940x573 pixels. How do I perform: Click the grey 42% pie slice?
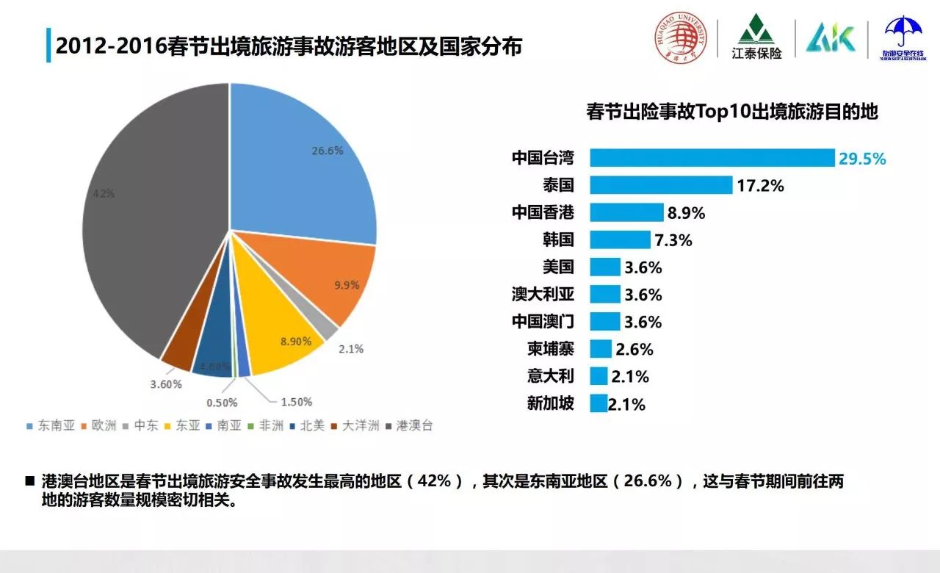click(147, 220)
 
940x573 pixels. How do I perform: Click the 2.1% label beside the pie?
click(351, 349)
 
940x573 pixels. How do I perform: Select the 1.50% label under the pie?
click(296, 402)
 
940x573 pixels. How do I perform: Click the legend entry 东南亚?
click(51, 425)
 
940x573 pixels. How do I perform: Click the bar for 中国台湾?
click(712, 158)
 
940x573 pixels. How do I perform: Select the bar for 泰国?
click(661, 185)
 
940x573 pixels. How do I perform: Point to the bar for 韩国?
click(620, 240)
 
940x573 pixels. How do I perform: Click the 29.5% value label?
click(863, 159)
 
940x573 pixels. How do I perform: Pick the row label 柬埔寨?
click(550, 349)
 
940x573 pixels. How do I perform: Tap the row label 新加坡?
click(550, 403)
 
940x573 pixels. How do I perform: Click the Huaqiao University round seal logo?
click(681, 37)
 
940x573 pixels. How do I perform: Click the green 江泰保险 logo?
click(756, 37)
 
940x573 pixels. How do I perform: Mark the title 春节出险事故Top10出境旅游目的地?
click(732, 112)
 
